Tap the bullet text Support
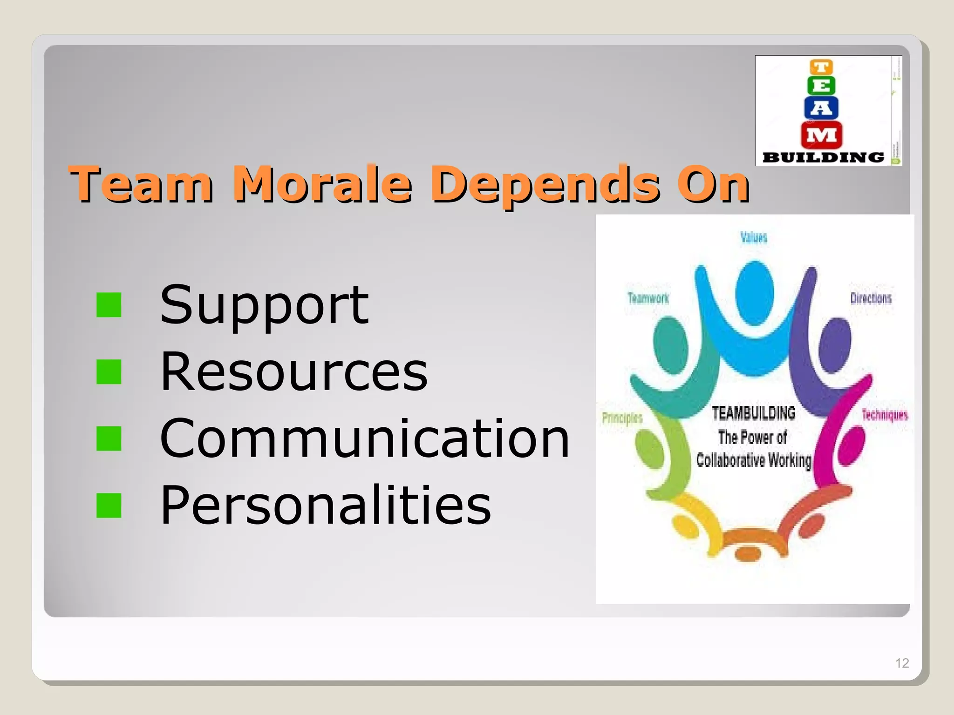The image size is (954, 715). click(264, 305)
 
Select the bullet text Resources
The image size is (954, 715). click(293, 371)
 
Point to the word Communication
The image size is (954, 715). click(364, 438)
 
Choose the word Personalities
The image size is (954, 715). click(325, 505)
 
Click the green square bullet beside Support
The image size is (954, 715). click(109, 305)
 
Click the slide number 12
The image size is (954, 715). click(902, 663)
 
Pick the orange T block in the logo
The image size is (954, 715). click(821, 67)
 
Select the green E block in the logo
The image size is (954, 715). click(821, 86)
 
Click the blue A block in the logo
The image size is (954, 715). click(821, 108)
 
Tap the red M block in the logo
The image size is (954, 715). click(821, 135)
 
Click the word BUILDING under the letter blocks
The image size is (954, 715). click(823, 157)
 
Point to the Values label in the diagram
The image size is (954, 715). click(754, 237)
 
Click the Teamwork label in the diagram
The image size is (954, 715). click(648, 298)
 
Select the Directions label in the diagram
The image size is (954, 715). click(871, 298)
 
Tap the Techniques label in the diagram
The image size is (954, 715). click(885, 415)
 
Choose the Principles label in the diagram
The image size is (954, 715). click(622, 418)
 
